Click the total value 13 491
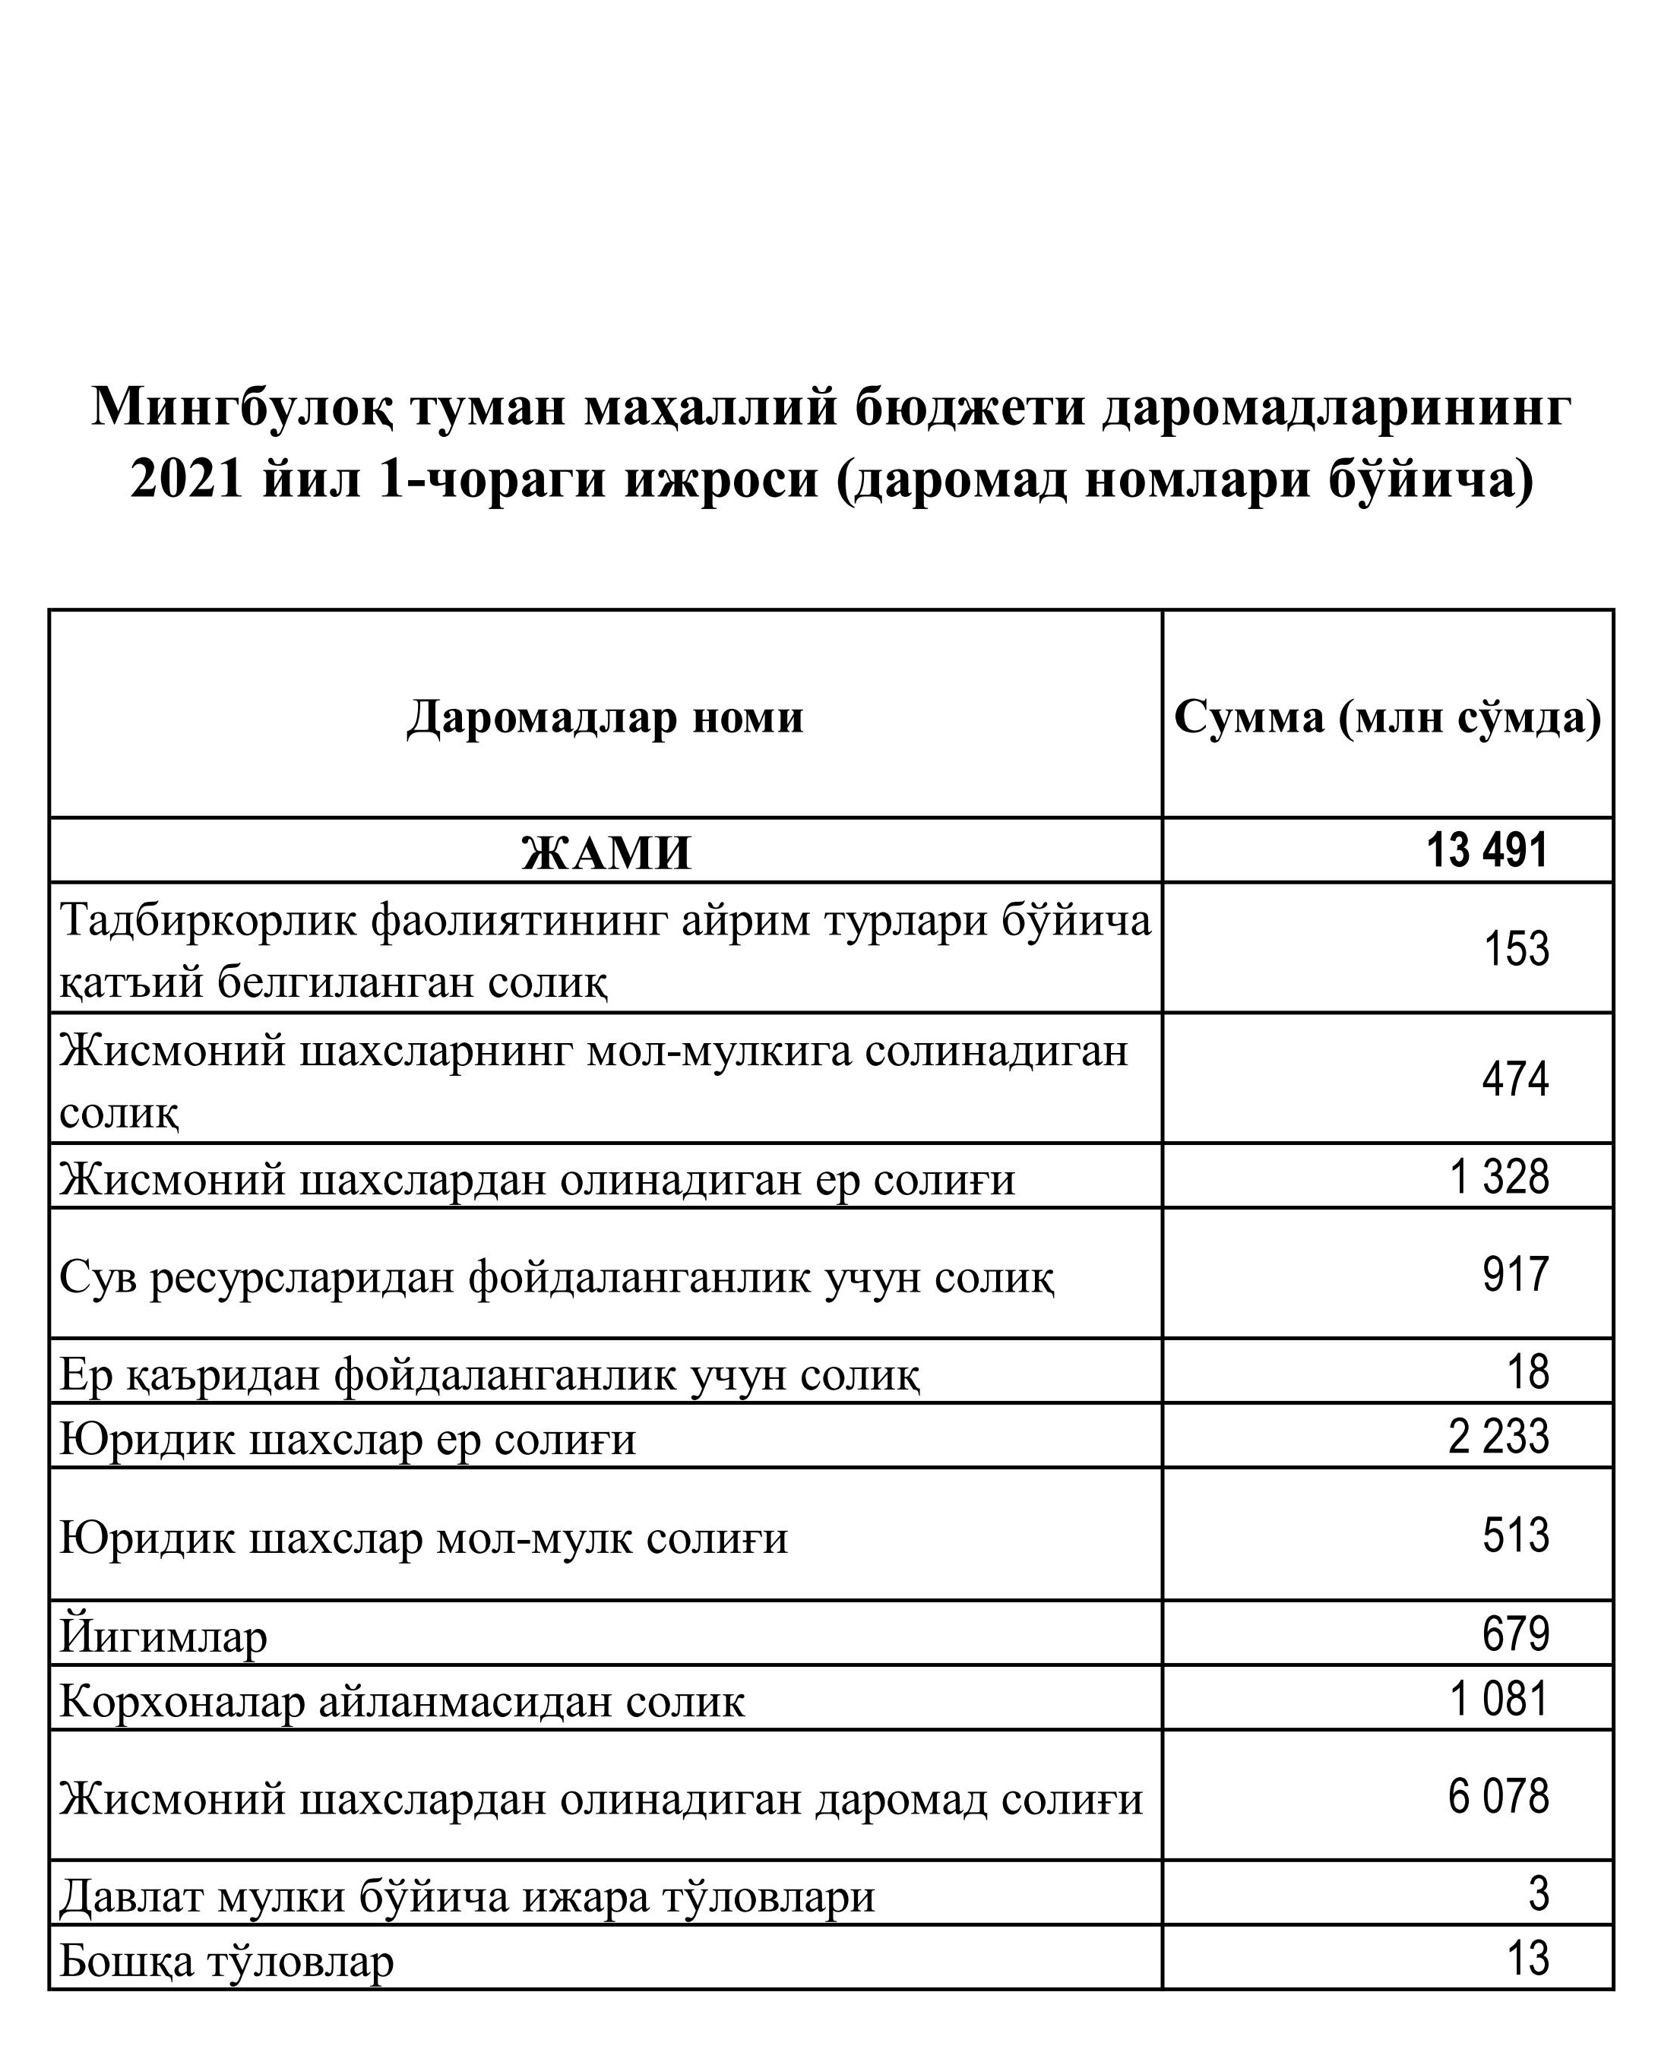pyautogui.click(x=1487, y=850)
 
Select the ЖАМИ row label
pyautogui.click(x=606, y=853)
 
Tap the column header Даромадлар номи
pyautogui.click(x=605, y=716)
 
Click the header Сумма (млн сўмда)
pyautogui.click(x=1387, y=716)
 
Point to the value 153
pyautogui.click(x=1516, y=949)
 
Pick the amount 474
pyautogui.click(x=1514, y=1079)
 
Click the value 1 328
pyautogui.click(x=1499, y=1177)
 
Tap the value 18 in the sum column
pyautogui.click(x=1528, y=1372)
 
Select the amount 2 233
pyautogui.click(x=1498, y=1437)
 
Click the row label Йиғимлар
pyautogui.click(x=163, y=1636)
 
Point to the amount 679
pyautogui.click(x=1516, y=1633)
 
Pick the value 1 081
pyautogui.click(x=1499, y=1698)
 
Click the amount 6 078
pyautogui.click(x=1498, y=1796)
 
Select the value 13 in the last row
pyautogui.click(x=1528, y=1958)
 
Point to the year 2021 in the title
pyautogui.click(x=186, y=479)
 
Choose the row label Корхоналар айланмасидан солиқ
pyautogui.click(x=402, y=1701)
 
